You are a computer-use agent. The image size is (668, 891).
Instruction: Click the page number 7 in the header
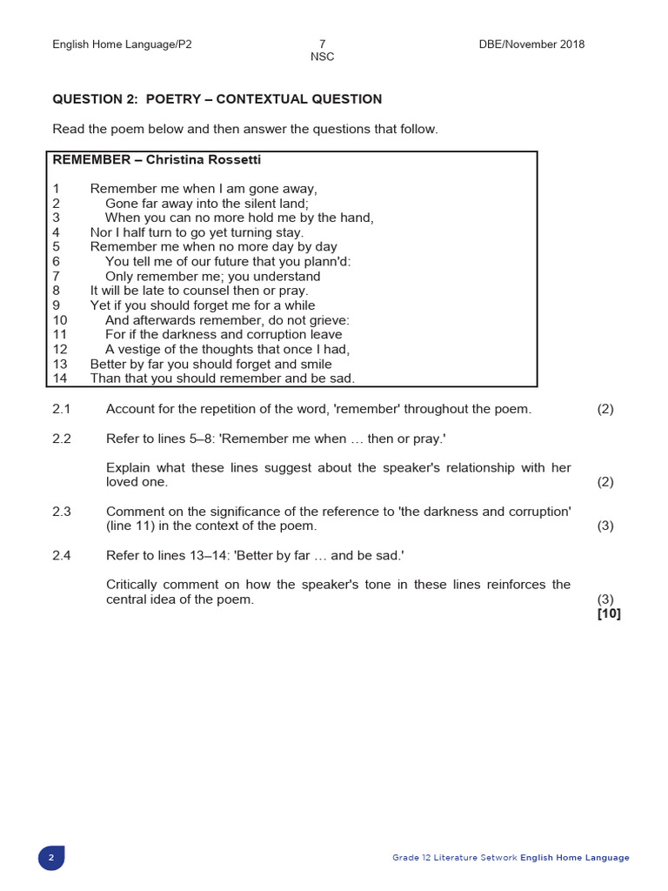pos(322,44)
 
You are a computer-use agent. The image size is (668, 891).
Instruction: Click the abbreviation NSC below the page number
pos(322,57)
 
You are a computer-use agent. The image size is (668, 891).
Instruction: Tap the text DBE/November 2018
pos(531,44)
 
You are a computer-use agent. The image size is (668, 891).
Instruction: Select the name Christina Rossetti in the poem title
pos(204,160)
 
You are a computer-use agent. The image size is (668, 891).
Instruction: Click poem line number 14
pos(60,379)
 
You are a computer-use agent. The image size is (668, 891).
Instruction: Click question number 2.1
pos(61,409)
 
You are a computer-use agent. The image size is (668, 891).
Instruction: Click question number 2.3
pos(61,512)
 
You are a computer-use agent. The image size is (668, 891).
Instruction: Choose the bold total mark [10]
pos(609,613)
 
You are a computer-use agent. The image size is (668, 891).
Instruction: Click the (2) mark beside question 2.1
pos(605,409)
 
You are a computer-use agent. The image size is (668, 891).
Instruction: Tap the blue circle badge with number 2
pos(51,858)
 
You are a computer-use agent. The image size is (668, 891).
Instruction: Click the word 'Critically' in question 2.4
pos(134,585)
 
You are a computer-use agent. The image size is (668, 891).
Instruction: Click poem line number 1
pos(56,189)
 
